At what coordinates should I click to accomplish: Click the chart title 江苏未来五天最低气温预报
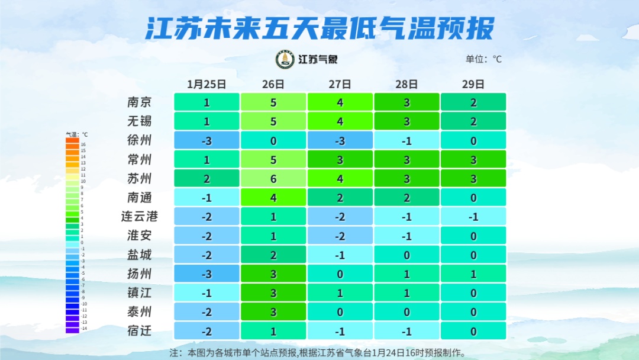coord(319,28)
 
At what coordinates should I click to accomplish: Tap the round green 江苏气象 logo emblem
coord(285,59)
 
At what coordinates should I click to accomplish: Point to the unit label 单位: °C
coord(483,59)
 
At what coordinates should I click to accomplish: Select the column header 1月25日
coord(206,84)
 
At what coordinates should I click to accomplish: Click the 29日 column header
coord(473,84)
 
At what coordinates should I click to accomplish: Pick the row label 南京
coord(140,102)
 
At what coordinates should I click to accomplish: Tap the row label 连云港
coord(140,216)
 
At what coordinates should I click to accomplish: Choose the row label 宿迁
coord(140,330)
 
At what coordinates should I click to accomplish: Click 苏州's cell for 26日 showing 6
coord(273,178)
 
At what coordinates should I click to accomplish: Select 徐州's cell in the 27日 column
coord(340,140)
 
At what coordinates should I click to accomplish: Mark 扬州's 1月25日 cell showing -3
coord(206,274)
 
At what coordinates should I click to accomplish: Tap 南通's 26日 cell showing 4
coord(273,197)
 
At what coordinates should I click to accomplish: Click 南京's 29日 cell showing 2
coord(473,102)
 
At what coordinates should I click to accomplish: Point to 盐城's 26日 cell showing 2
coord(273,255)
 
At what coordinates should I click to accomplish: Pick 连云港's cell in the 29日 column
coord(473,216)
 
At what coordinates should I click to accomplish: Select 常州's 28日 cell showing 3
coord(407,159)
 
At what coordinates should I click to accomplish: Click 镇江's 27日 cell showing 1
coord(340,292)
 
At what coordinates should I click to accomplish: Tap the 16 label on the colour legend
coord(83,144)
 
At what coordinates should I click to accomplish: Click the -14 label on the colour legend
coord(83,329)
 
